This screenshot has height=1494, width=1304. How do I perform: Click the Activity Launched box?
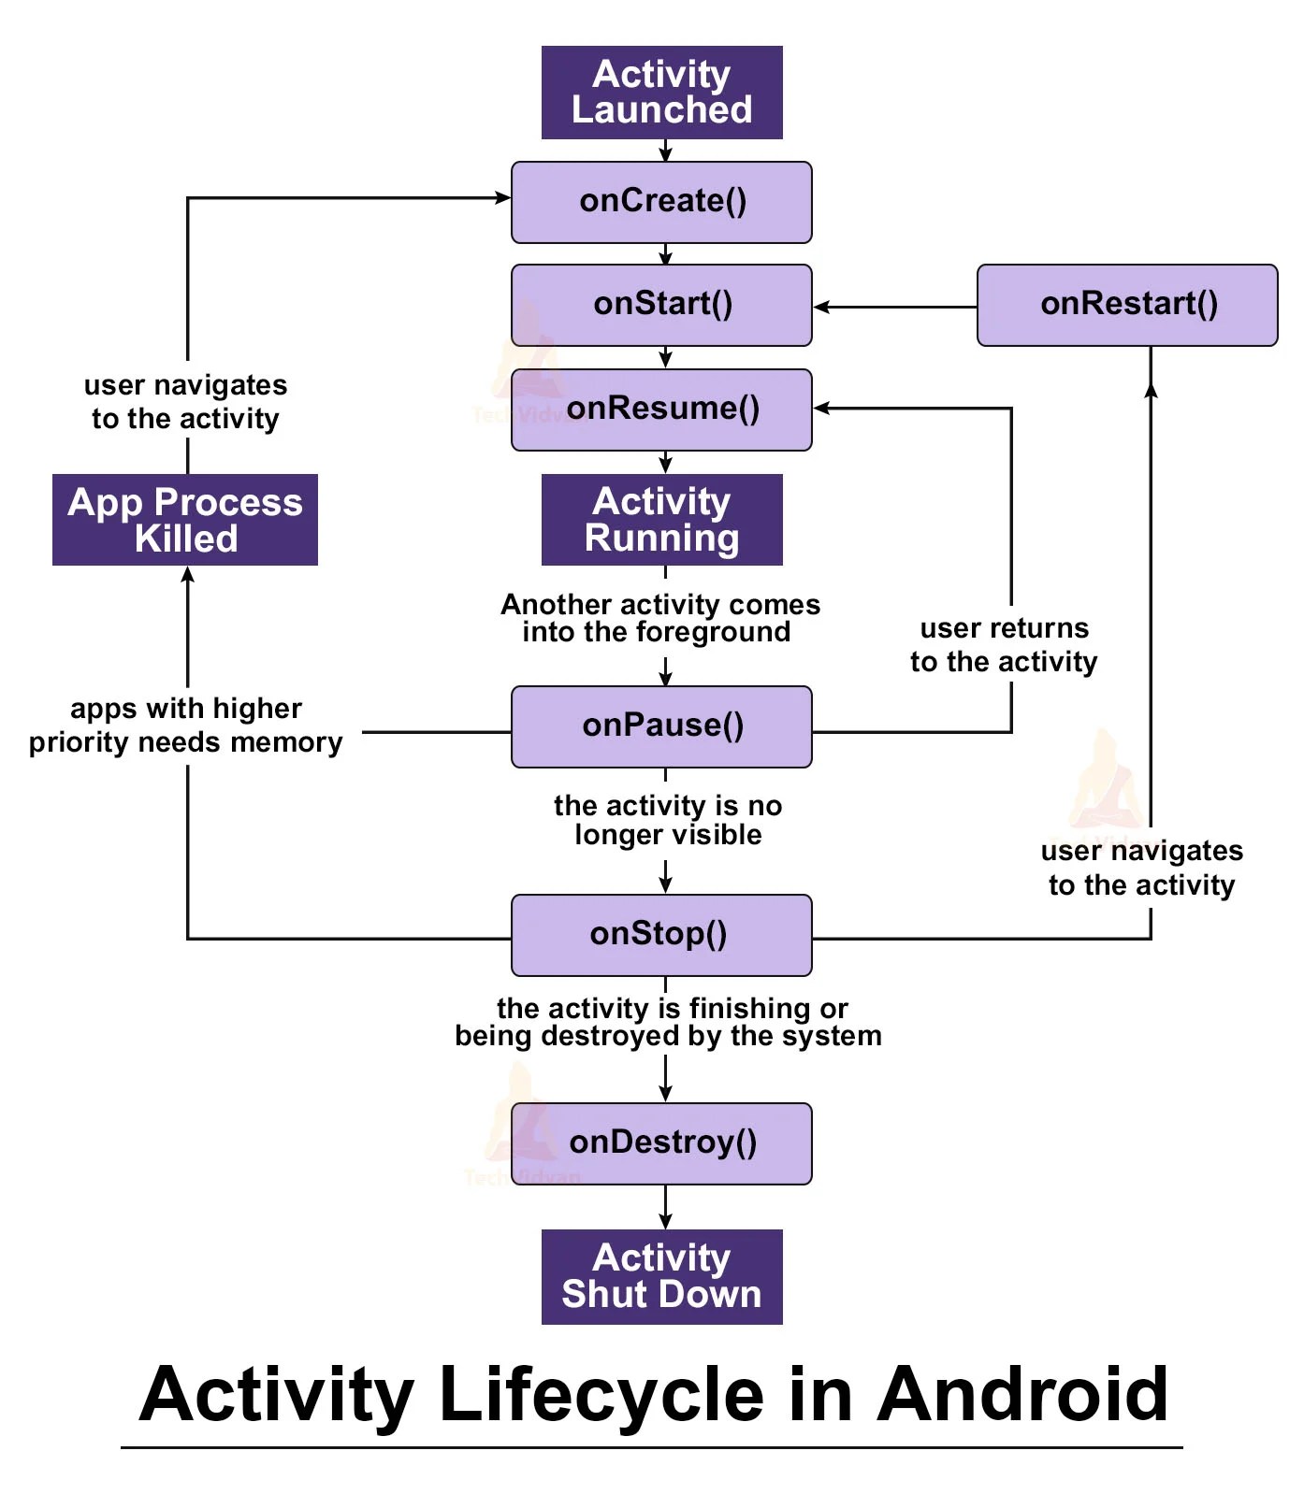[661, 93]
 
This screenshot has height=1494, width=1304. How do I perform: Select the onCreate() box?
[661, 202]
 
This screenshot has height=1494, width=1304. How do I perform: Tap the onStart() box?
[661, 305]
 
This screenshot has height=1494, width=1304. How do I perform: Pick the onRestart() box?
[1127, 305]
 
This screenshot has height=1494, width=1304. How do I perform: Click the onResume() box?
[661, 409]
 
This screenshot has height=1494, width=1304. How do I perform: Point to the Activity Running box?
[661, 520]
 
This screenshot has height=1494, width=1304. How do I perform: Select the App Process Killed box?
[185, 520]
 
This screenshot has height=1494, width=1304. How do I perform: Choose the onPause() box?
[661, 726]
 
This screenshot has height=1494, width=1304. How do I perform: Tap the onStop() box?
[661, 935]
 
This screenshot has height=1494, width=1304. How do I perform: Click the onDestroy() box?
[661, 1143]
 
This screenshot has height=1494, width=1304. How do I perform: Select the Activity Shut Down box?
[661, 1276]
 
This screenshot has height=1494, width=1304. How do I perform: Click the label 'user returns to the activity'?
[1004, 645]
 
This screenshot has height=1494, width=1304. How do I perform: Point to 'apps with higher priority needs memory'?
[185, 725]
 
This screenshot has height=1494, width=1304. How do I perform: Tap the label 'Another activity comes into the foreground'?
[659, 618]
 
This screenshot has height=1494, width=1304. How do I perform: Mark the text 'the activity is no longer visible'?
[667, 820]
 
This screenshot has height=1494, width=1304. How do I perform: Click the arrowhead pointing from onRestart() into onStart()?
[822, 307]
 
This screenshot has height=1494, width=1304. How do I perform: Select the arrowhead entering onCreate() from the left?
[502, 197]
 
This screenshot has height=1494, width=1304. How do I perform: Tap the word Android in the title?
[1022, 1395]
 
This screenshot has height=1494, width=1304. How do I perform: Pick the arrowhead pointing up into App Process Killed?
[188, 575]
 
